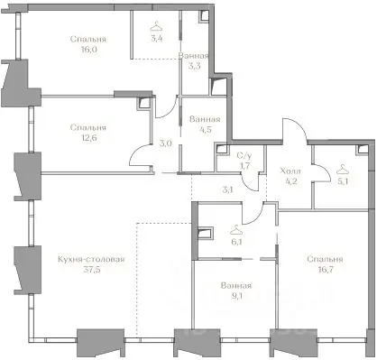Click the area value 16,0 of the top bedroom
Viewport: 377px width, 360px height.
[x=88, y=50]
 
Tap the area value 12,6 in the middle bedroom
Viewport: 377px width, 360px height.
[x=88, y=138]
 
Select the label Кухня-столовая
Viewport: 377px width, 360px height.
[x=91, y=259]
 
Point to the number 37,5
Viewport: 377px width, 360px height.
[x=92, y=270]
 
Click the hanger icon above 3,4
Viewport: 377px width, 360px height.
[x=156, y=26]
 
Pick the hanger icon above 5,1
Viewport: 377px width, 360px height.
[x=343, y=170]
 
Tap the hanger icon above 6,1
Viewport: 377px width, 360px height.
[x=236, y=230]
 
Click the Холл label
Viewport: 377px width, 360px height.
[x=290, y=171]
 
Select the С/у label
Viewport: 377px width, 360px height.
[x=244, y=156]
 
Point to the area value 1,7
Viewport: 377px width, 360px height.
[x=244, y=165]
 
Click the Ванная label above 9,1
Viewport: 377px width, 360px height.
[x=236, y=285]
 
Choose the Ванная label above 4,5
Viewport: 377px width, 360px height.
[x=205, y=119]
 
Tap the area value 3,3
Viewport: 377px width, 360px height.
[x=195, y=66]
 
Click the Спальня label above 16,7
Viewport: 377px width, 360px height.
[x=325, y=259]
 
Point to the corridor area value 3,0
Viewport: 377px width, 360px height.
[x=165, y=143]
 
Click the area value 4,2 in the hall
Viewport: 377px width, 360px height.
[x=291, y=181]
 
